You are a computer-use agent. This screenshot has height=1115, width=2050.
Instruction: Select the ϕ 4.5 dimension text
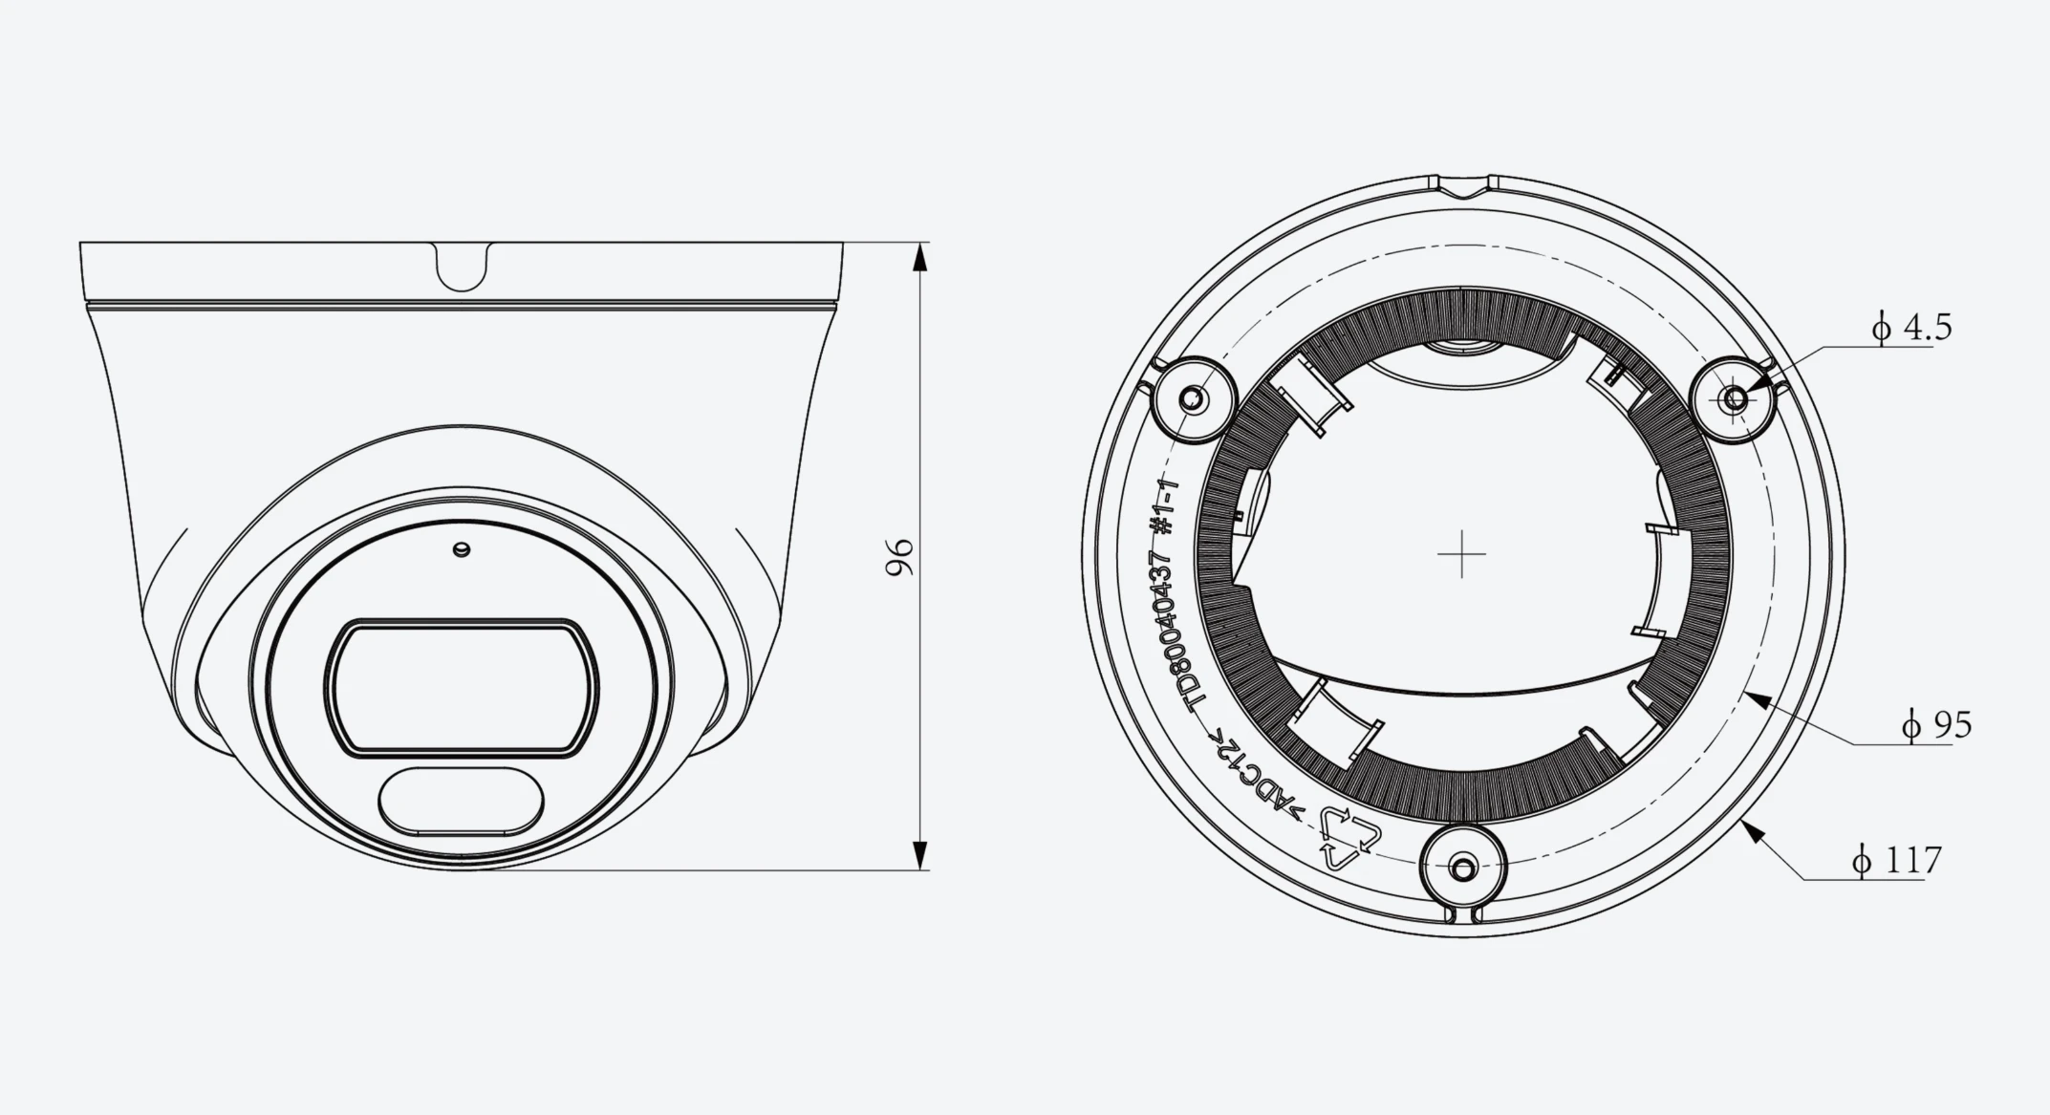(1910, 328)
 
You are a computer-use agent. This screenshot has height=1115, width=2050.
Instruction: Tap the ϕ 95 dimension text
(1936, 725)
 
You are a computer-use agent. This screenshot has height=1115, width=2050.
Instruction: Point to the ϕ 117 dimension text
(1896, 860)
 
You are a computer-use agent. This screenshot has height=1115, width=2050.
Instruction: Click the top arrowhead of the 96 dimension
(919, 259)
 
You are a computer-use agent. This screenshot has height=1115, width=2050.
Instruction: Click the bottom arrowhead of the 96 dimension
(919, 855)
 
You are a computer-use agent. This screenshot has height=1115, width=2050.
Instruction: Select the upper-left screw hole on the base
(1192, 398)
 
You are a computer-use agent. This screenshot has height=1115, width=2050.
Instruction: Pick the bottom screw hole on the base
(1462, 868)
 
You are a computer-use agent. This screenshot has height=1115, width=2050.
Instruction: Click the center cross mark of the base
(1462, 554)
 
